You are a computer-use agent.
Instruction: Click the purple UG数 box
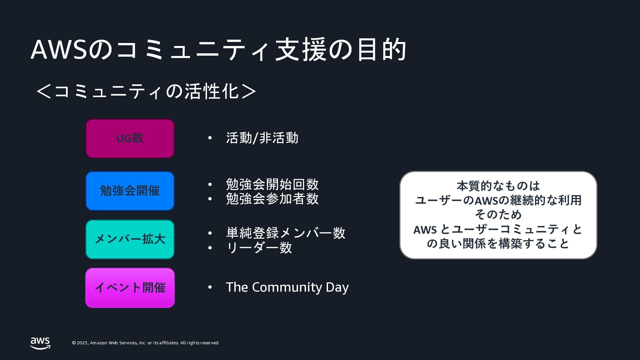pyautogui.click(x=130, y=138)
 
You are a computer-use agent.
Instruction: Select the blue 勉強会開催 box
pyautogui.click(x=130, y=191)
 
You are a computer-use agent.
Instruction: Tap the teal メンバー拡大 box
pyautogui.click(x=130, y=239)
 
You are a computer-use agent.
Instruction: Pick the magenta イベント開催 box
pyautogui.click(x=130, y=288)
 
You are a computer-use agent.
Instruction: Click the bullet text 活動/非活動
pyautogui.click(x=262, y=138)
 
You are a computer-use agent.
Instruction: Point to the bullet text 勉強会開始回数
pyautogui.click(x=272, y=184)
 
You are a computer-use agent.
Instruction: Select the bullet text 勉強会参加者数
pyautogui.click(x=272, y=199)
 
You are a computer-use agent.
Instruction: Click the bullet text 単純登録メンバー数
pyautogui.click(x=286, y=233)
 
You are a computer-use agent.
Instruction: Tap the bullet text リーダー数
pyautogui.click(x=259, y=248)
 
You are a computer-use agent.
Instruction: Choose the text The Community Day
pyautogui.click(x=287, y=287)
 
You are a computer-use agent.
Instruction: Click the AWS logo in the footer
pyautogui.click(x=40, y=343)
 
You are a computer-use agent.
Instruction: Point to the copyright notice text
pyautogui.click(x=146, y=343)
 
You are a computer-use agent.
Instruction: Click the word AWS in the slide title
pyautogui.click(x=59, y=50)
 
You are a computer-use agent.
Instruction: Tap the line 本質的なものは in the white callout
pyautogui.click(x=498, y=186)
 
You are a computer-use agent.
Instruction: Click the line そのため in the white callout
pyautogui.click(x=498, y=214)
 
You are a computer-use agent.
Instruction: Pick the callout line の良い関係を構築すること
pyautogui.click(x=498, y=244)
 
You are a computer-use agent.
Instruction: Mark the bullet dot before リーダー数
pyautogui.click(x=210, y=248)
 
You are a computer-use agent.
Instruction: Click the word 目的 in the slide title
pyautogui.click(x=381, y=50)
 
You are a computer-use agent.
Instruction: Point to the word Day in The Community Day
pyautogui.click(x=337, y=287)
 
